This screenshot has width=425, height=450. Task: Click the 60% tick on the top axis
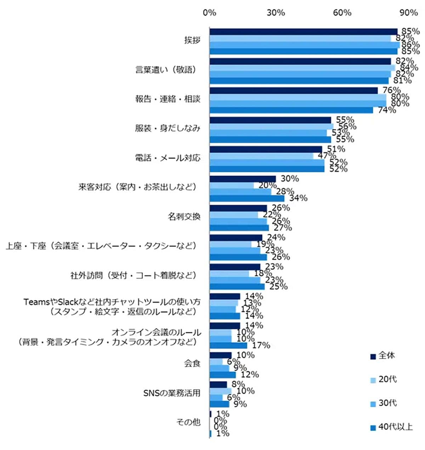coord(342,13)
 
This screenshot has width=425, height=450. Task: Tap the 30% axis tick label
coord(276,13)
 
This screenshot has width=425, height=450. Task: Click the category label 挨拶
coord(192,40)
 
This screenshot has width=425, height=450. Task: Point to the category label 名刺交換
coord(184,217)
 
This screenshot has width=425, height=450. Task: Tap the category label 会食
coord(192,363)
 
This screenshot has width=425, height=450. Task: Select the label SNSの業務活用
coord(172,393)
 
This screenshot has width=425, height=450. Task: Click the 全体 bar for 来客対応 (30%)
coord(243,179)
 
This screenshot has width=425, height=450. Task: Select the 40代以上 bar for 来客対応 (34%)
coord(247,198)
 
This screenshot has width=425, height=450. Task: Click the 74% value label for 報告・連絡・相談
coord(387,110)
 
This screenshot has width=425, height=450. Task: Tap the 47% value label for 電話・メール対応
coord(327,156)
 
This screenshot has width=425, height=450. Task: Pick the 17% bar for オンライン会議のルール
coord(228,345)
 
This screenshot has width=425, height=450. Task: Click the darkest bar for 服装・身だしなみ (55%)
coord(270,120)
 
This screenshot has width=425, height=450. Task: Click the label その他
coord(188,422)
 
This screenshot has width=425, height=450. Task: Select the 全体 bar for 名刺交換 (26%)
coord(238,208)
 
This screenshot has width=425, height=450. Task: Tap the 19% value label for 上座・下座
coord(265,244)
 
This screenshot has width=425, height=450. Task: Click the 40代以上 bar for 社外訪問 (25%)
coord(237,286)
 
